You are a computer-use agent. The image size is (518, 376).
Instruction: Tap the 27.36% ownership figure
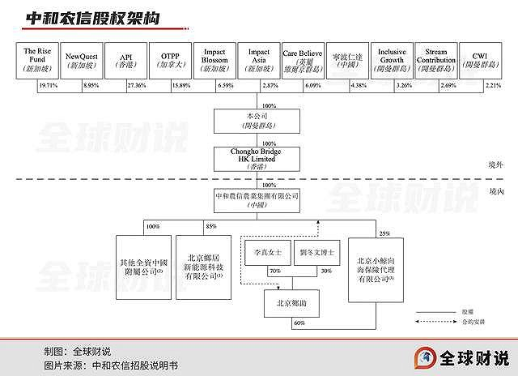tap(137, 84)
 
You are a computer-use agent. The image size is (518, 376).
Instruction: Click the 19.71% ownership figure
tap(49, 84)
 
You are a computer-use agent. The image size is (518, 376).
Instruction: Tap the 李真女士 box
tap(266, 253)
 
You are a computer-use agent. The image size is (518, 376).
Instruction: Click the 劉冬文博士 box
tap(318, 253)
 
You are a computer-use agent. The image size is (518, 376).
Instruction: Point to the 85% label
tap(210, 225)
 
